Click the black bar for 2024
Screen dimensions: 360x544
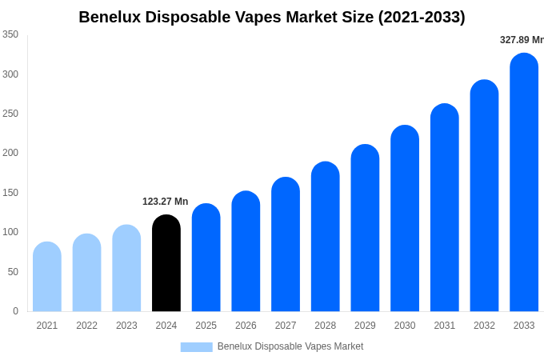(x=166, y=264)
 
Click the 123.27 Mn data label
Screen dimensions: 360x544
(x=165, y=202)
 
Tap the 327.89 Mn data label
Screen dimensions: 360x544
(x=521, y=40)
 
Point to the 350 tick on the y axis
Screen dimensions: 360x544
(x=10, y=34)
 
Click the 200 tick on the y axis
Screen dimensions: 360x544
(x=10, y=153)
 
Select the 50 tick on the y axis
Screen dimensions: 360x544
(x=13, y=272)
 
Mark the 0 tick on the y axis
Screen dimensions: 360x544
(x=15, y=311)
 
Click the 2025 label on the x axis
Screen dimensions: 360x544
(x=206, y=326)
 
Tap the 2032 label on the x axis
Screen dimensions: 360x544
(x=484, y=326)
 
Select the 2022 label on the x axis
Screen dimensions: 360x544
(x=86, y=326)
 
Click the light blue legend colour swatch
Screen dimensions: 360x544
(x=196, y=346)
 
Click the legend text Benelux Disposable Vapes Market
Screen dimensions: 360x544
(x=290, y=346)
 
